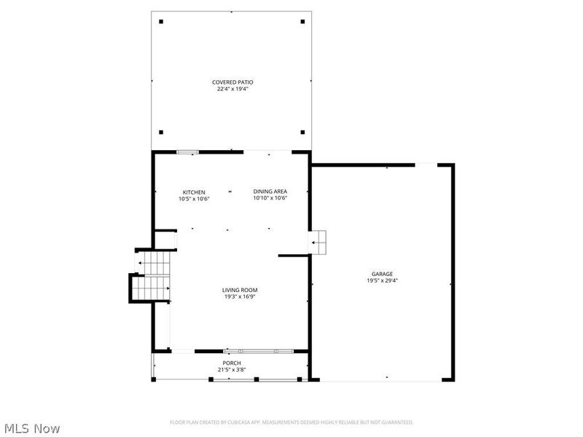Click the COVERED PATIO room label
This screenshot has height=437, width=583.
click(232, 82)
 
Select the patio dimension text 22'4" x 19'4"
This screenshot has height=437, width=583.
click(232, 89)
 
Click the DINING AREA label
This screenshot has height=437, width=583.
click(270, 192)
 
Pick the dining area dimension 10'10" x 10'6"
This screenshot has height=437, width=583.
click(270, 198)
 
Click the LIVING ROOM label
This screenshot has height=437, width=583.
click(240, 290)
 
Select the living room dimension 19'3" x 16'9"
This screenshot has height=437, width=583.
click(240, 296)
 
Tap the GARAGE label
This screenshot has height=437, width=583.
click(382, 274)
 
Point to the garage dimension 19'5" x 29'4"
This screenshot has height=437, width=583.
click(382, 280)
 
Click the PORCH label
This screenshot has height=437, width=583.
click(232, 363)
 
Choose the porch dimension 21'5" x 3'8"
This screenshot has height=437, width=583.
click(232, 369)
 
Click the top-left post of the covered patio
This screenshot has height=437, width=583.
click(161, 21)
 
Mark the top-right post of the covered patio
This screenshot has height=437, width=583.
click(302, 21)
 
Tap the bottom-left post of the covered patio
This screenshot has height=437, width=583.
click(161, 133)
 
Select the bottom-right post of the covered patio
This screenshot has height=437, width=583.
click(302, 133)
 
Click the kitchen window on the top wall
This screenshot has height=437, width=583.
click(187, 151)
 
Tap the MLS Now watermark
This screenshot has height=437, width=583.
click(31, 428)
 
